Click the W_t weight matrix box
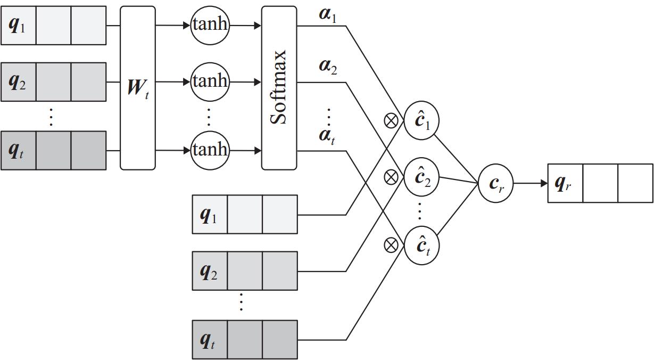[x=138, y=88]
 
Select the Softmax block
[x=279, y=88]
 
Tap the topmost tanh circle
[x=210, y=24]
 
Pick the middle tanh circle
[x=210, y=81]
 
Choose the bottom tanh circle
[x=210, y=150]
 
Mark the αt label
[x=327, y=135]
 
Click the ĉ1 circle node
[x=422, y=121]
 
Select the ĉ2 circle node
[x=422, y=177]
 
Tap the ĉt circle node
[x=422, y=246]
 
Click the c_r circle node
[x=495, y=183]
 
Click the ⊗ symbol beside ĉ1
[x=391, y=121]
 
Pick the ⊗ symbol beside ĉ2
[x=391, y=177]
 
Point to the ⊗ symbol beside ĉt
[x=391, y=245]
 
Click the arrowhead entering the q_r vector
[x=544, y=183]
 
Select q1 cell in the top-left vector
[x=18, y=25]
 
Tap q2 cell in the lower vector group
[x=209, y=271]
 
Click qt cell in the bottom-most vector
[x=209, y=340]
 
